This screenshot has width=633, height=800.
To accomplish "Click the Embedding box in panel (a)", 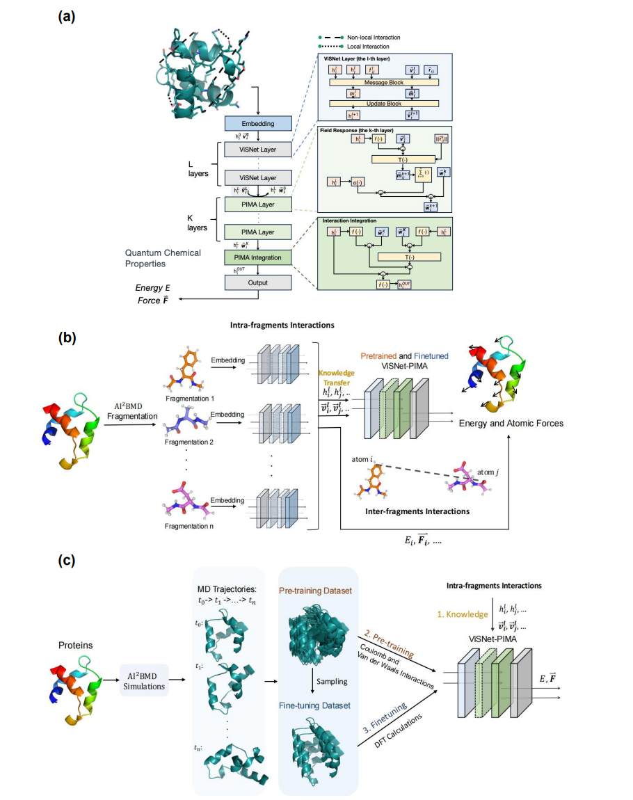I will point(258,124).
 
